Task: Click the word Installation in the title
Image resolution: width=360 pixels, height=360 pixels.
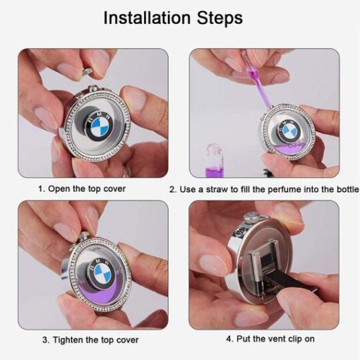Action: coord(147,18)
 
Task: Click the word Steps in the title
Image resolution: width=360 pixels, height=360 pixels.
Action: coord(220,18)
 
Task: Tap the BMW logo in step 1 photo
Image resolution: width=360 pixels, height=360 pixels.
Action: coord(100,126)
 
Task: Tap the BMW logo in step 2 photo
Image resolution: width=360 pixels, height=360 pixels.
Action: coord(289,130)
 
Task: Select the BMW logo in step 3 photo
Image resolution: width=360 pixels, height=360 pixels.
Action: coord(101,273)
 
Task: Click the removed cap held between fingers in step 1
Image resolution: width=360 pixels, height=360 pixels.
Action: coord(87,71)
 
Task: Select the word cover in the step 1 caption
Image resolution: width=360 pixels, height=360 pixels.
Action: coord(114,188)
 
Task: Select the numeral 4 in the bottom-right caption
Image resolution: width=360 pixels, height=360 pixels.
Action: coord(229,339)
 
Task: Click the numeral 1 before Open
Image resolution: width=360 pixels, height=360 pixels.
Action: coord(41,188)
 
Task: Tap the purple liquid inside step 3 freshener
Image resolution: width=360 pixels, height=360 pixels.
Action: coord(99,294)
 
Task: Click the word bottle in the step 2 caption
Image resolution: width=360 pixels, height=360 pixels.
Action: coord(348,189)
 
